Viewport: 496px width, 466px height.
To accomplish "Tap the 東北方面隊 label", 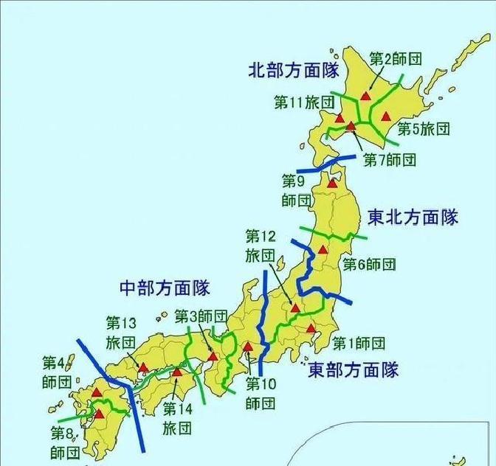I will pos(413,217).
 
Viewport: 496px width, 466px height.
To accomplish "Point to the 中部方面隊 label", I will pos(165,287).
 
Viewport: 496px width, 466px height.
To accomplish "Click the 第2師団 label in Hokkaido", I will pos(395,58).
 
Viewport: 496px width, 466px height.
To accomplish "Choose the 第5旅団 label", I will pos(423,128).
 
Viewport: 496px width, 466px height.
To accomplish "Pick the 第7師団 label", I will pos(390,159).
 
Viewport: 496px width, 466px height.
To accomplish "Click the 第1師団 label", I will pos(359,343).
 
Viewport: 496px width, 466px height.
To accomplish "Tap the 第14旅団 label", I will pos(177,417).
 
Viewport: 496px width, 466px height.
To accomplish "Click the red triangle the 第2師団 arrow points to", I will pos(365,97).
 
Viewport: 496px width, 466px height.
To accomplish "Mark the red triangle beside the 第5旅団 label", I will pos(384,116).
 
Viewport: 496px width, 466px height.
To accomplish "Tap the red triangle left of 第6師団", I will pos(323,250).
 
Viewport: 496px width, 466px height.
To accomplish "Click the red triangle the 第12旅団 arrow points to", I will pos(294,308).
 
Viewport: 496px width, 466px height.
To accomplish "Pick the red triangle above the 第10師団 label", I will pos(248,346).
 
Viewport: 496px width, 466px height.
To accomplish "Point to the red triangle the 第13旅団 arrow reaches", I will pos(143,367).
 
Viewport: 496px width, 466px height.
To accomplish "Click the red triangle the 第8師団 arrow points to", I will pos(99,414).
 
